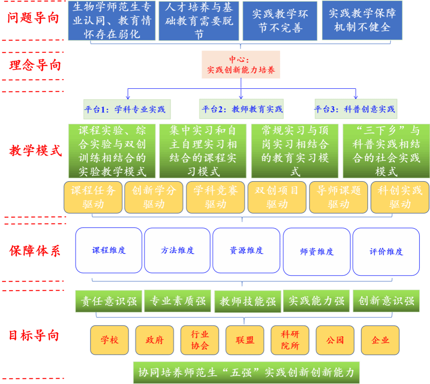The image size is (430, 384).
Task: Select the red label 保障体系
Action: pyautogui.click(x=34, y=251)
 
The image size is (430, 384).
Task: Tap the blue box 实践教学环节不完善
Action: pyautogui.click(x=280, y=21)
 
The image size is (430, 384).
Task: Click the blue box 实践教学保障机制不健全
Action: pyautogui.click(x=362, y=20)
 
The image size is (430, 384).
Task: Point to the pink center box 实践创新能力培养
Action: pyautogui.click(x=241, y=65)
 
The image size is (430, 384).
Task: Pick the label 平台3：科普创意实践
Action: pyautogui.click(x=355, y=109)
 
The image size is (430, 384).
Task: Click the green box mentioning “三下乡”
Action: pyautogui.click(x=386, y=151)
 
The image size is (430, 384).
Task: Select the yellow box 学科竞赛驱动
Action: pyautogui.click(x=215, y=197)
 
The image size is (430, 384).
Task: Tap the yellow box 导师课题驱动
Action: pyautogui.click(x=338, y=197)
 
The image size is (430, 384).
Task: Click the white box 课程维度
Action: pyautogui.click(x=109, y=250)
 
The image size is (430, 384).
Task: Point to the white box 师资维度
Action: pyautogui.click(x=316, y=251)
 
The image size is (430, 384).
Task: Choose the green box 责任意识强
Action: pyautogui.click(x=109, y=301)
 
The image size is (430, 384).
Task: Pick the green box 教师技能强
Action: pyautogui.click(x=248, y=301)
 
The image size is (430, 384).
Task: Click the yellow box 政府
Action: pyautogui.click(x=155, y=340)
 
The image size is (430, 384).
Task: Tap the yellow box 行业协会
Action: pyautogui.click(x=200, y=340)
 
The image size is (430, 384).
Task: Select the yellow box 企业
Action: pyautogui.click(x=380, y=340)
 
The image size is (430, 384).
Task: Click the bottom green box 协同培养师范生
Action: pyautogui.click(x=246, y=372)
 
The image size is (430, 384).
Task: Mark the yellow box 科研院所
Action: pyautogui.click(x=290, y=340)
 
